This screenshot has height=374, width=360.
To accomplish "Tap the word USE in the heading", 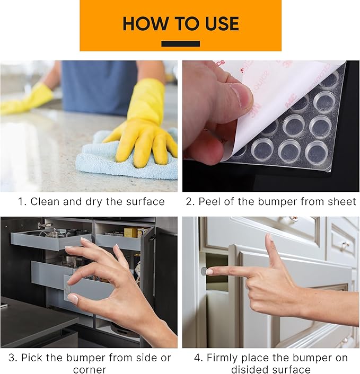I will tap(219, 24).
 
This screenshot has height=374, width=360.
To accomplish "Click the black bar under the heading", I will tap(180, 43).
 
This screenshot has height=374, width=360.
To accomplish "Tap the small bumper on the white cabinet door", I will tap(204, 271).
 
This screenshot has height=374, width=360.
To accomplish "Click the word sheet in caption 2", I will tap(342, 202).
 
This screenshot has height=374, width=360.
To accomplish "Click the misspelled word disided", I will tap(250, 370).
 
